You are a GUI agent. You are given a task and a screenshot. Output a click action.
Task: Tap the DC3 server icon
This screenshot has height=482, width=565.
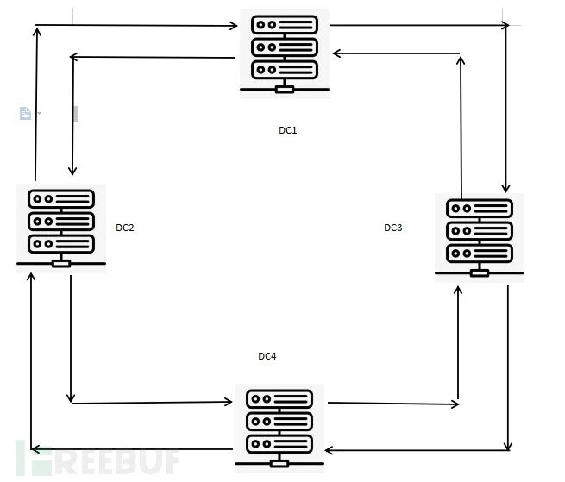pos(479,237)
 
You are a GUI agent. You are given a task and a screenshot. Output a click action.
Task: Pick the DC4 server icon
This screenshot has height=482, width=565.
pos(279,424)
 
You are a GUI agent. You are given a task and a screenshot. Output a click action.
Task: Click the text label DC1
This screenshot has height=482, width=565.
pos(287,130)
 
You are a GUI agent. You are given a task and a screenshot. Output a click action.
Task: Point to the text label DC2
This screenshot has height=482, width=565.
pos(125,228)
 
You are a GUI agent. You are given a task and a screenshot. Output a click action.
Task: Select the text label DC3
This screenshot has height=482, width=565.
pos(393,228)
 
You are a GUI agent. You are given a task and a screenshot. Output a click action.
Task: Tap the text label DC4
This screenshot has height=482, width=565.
pos(267,356)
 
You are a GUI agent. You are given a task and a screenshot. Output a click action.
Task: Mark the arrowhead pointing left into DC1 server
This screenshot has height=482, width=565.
pos(336,53)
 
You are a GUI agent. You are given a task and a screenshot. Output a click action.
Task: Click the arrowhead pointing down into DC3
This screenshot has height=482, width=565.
pos(506,187)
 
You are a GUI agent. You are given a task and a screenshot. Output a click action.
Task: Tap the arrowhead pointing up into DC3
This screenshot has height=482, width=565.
pos(458,292)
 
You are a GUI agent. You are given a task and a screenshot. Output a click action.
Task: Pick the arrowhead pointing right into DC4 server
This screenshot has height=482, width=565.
pos(229,402)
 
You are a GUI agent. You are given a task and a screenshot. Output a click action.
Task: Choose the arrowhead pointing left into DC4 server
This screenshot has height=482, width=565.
pos(329,449)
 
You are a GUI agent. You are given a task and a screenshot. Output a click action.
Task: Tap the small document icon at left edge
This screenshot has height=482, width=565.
pos(25,112)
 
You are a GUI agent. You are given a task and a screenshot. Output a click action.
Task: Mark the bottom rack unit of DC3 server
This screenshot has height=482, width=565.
pos(479,254)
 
